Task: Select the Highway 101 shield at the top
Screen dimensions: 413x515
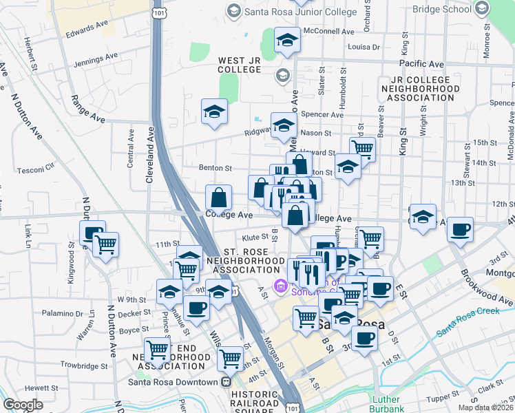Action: point(160,12)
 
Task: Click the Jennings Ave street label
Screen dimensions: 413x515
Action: point(96,63)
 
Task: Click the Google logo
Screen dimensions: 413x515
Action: point(23,405)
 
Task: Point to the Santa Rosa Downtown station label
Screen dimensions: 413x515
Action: point(174,382)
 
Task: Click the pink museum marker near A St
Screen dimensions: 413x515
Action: point(280,286)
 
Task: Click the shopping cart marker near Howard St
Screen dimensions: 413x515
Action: point(362,147)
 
